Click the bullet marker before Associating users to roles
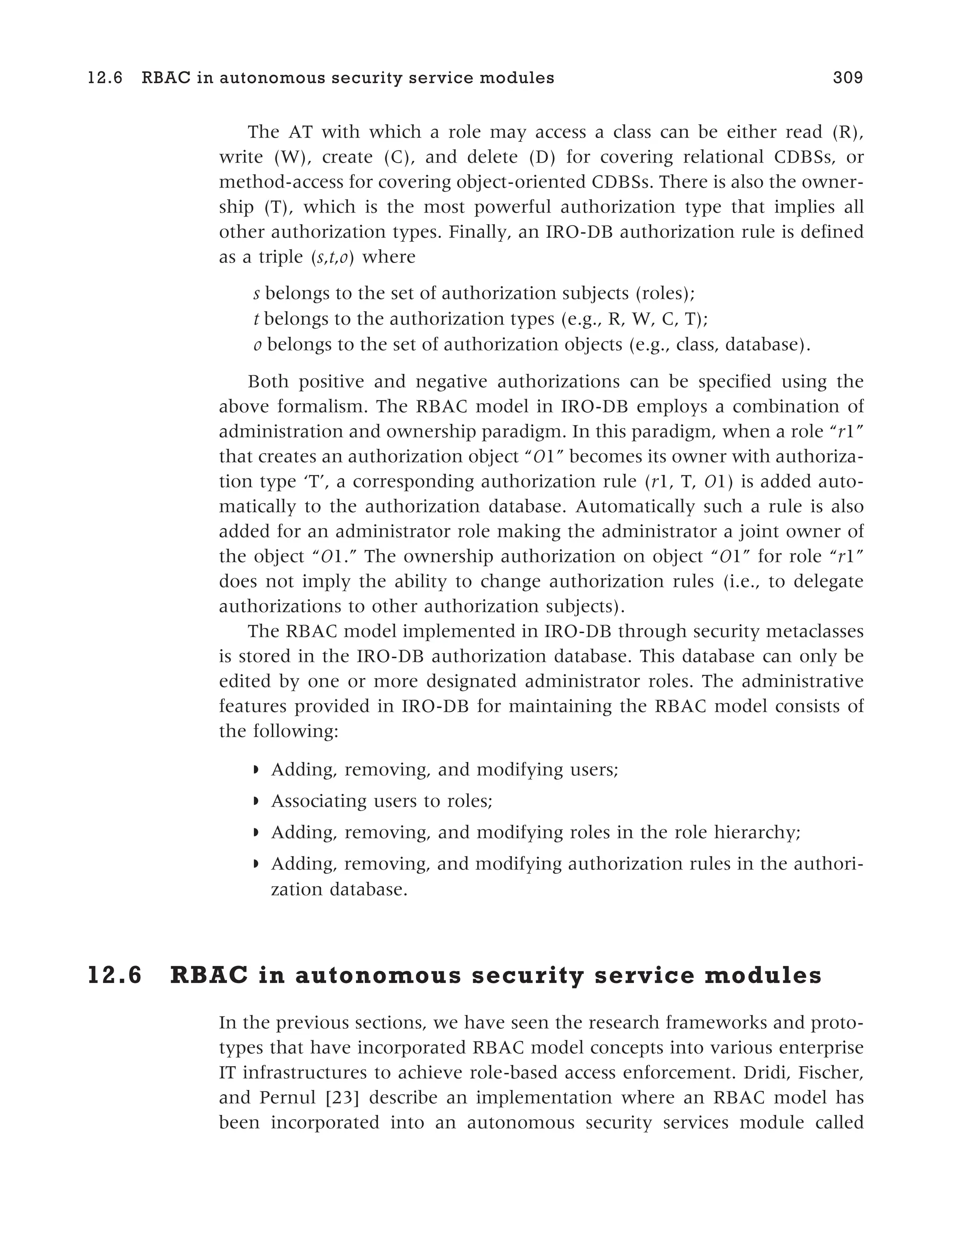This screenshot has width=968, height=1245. (x=256, y=801)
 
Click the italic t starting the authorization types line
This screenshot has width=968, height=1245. (x=256, y=319)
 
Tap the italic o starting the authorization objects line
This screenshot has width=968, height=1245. (x=258, y=344)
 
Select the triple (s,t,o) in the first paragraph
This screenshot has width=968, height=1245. (x=333, y=257)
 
